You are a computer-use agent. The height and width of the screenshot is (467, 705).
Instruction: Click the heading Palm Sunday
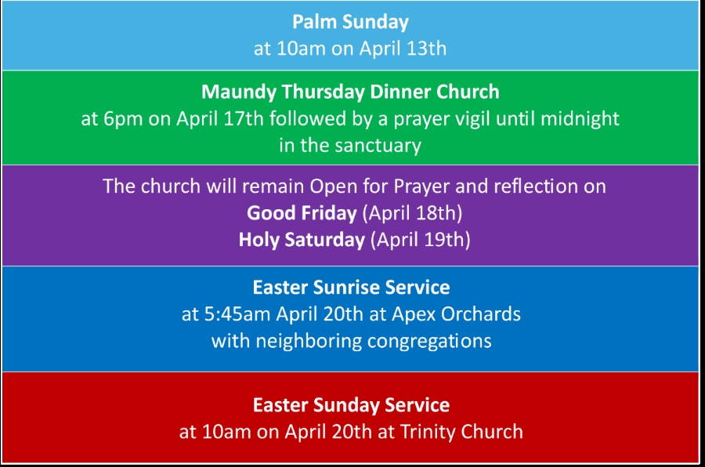pos(350,22)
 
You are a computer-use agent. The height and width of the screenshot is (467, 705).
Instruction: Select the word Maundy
pos(239,92)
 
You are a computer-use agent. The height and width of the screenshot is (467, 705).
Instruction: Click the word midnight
pos(580,119)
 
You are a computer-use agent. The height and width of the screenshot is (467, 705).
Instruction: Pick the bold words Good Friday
pos(302,213)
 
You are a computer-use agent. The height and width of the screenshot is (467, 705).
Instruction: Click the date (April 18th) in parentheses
pos(412,213)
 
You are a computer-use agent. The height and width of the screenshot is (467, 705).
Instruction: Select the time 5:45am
pos(237,314)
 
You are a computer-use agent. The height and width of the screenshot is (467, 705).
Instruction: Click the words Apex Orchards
pos(456,315)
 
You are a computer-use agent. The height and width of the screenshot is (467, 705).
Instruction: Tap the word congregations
pos(429,342)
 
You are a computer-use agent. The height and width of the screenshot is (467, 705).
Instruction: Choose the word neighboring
pos(309,342)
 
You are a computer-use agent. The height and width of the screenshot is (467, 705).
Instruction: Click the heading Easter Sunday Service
pos(351,405)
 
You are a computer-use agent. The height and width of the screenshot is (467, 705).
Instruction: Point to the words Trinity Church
pos(461,432)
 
